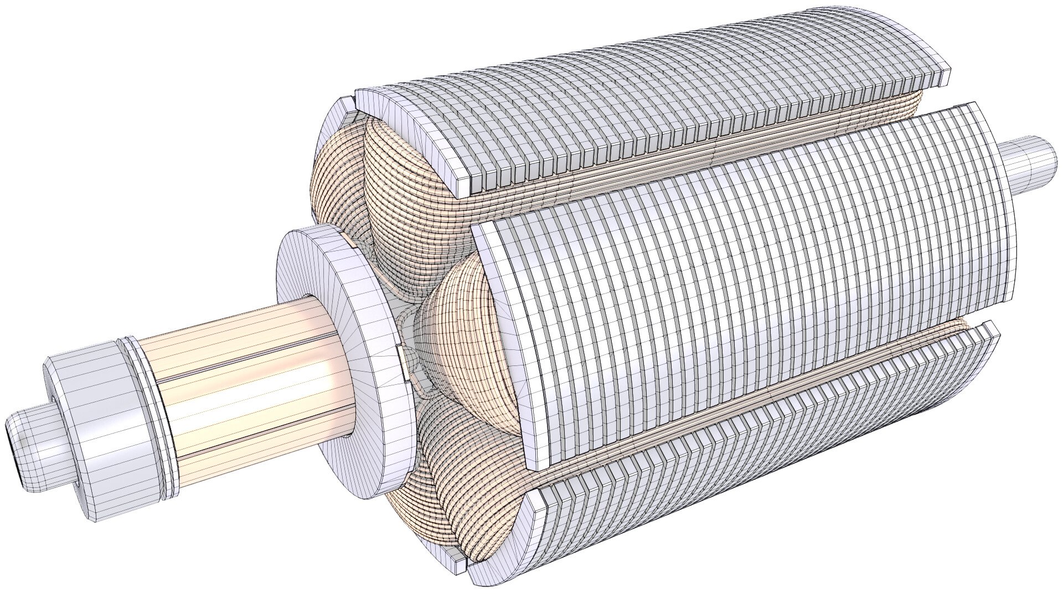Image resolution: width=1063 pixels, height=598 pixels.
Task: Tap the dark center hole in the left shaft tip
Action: (x=12, y=447)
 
